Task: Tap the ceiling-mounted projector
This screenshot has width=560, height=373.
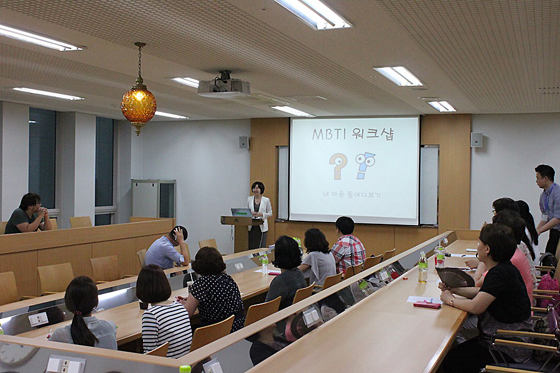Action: point(224,86)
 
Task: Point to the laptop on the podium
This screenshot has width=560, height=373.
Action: point(241,213)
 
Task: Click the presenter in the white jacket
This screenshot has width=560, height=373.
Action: point(259,214)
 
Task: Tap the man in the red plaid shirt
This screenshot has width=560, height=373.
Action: point(347,246)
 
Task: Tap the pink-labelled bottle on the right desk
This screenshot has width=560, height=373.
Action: point(440,256)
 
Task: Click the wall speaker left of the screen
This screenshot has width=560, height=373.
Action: point(243,142)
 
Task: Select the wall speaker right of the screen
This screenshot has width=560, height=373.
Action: point(476,140)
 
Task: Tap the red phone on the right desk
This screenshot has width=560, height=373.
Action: point(427,305)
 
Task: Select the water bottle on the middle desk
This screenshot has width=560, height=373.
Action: point(265,264)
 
